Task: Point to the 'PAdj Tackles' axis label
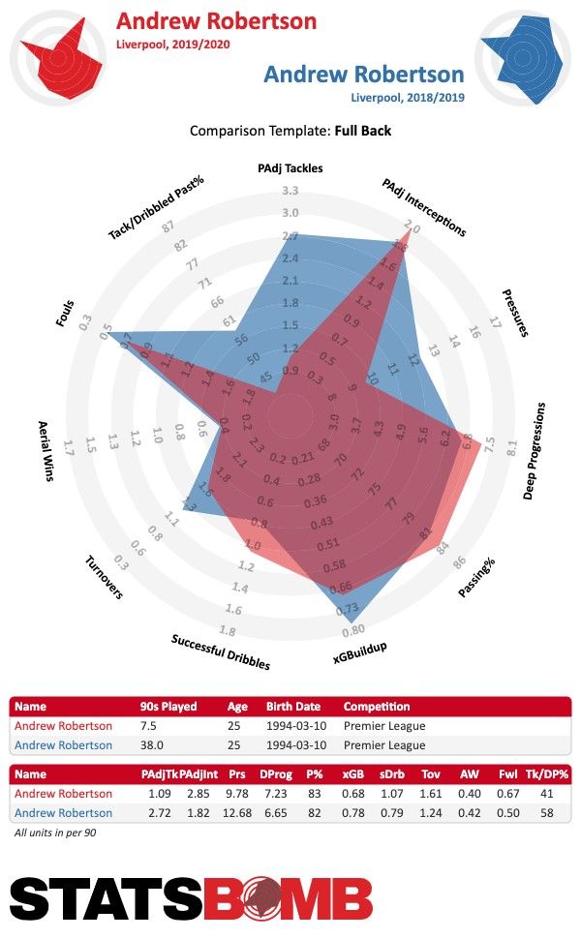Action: pyautogui.click(x=290, y=167)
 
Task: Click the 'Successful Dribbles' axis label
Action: pyautogui.click(x=221, y=651)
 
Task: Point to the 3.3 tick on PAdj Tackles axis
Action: pyautogui.click(x=290, y=190)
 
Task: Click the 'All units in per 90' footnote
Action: pyautogui.click(x=54, y=833)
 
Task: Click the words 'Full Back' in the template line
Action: pyautogui.click(x=363, y=130)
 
